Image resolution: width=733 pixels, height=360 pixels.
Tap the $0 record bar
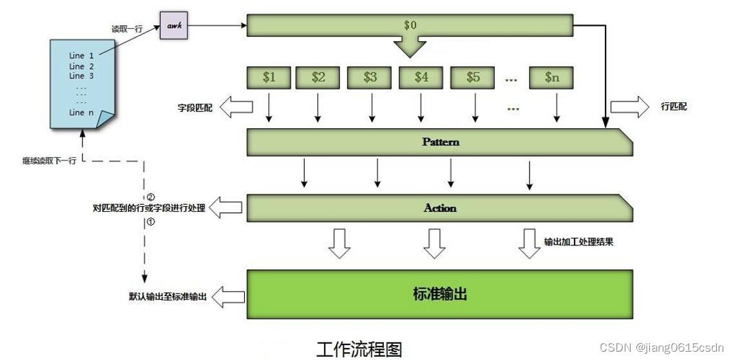pyautogui.click(x=410, y=26)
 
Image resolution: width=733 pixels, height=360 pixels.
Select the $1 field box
pyautogui.click(x=269, y=77)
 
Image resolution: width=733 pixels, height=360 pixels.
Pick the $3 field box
pyautogui.click(x=370, y=77)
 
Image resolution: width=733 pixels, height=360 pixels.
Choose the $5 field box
pyautogui.click(x=473, y=77)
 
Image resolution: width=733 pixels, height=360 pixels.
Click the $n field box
pyautogui.click(x=551, y=77)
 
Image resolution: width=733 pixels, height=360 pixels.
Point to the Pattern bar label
pyautogui.click(x=441, y=142)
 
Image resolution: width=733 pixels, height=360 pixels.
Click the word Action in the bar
pyautogui.click(x=440, y=208)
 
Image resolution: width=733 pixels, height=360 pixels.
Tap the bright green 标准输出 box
pyautogui.click(x=439, y=295)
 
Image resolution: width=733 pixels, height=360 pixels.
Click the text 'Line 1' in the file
pyautogui.click(x=81, y=56)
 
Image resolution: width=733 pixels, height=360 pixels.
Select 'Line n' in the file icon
pyautogui.click(x=81, y=113)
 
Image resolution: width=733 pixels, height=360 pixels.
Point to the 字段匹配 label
pyautogui.click(x=195, y=107)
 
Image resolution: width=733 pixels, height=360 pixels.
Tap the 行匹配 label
pyautogui.click(x=674, y=107)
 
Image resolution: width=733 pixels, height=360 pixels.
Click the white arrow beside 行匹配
pyautogui.click(x=629, y=107)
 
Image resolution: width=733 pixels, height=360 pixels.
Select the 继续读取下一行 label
pyautogui.click(x=49, y=161)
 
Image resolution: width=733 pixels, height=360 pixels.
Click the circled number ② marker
pyautogui.click(x=151, y=196)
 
